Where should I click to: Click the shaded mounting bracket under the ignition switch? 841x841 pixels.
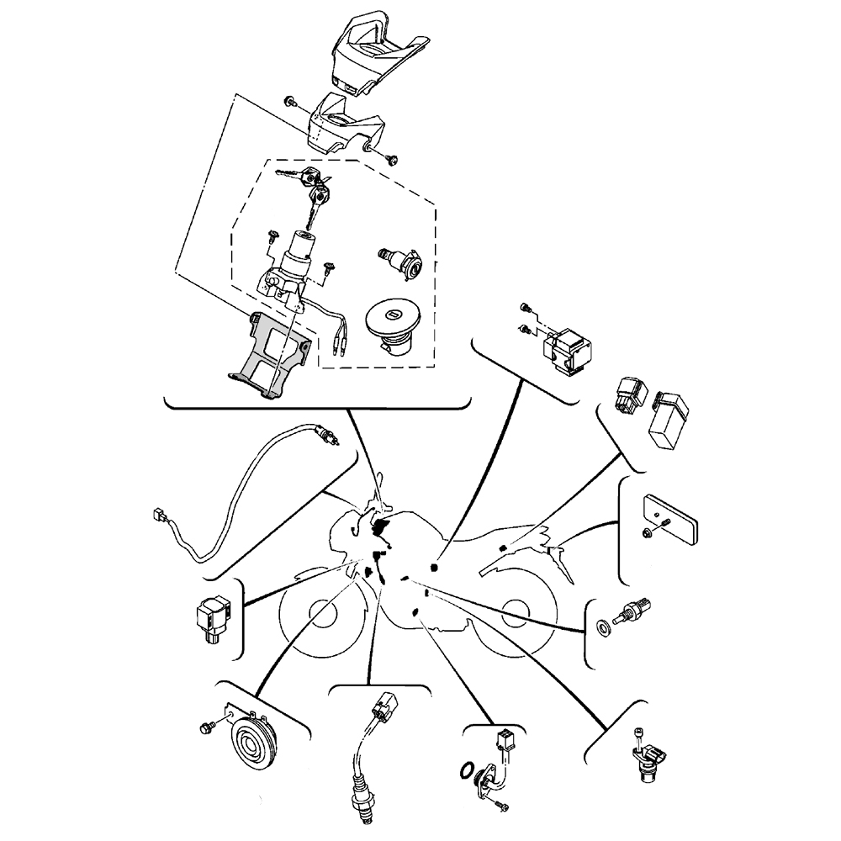tap(271, 353)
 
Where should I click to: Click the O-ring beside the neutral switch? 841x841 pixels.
tap(464, 771)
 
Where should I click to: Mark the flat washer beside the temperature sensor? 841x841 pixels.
tap(603, 627)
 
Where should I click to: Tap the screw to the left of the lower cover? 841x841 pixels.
tap(290, 102)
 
